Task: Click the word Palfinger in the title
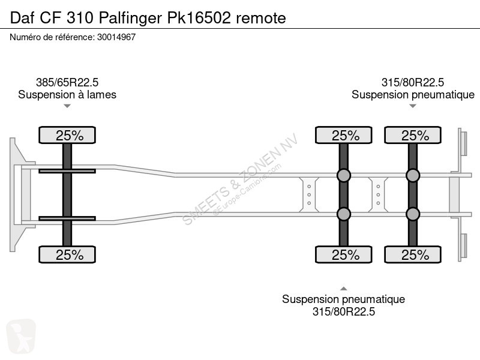130,19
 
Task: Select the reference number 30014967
116,37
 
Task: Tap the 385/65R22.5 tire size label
67,82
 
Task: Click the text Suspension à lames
67,95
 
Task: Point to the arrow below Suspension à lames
67,106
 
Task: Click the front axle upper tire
67,135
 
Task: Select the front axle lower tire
67,254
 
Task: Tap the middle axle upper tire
343,135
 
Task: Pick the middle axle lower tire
343,254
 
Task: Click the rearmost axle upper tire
413,135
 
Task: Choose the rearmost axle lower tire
413,254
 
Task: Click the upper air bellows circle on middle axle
343,175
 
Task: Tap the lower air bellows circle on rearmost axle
413,214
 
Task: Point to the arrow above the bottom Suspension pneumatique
343,289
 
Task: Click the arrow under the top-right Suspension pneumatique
413,106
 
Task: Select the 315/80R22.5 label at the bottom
343,311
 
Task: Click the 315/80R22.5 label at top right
413,82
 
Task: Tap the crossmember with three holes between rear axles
378,194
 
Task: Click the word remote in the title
261,19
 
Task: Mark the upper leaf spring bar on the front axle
67,171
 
